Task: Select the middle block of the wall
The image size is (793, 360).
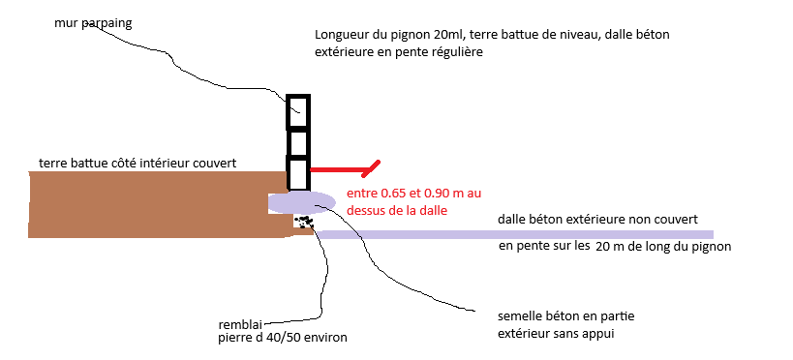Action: point(298,142)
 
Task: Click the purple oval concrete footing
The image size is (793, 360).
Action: point(302,201)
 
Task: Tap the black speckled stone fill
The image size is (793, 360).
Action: point(305,223)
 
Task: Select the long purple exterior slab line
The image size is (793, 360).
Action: point(513,234)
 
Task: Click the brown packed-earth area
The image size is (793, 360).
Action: point(145,203)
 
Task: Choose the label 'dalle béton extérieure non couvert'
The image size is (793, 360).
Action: point(597,220)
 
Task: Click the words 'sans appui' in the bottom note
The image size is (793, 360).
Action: point(588,334)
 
